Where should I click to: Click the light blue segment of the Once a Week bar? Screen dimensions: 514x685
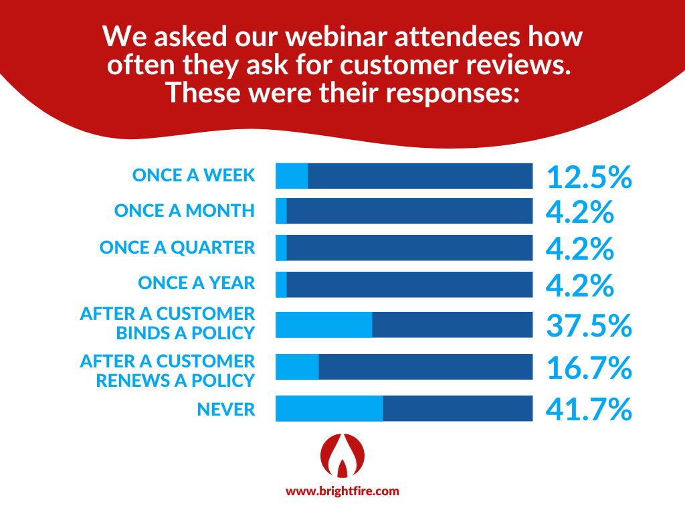click(292, 175)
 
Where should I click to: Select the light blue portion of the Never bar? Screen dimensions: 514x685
click(329, 408)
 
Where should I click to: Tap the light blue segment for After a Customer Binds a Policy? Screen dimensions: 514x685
click(324, 325)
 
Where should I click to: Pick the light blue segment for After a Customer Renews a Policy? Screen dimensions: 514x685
click(297, 367)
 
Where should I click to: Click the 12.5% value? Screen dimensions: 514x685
click(589, 177)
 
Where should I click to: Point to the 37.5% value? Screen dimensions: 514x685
click(589, 326)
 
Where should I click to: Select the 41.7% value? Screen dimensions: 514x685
click(589, 409)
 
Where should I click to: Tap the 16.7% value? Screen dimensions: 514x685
click(589, 367)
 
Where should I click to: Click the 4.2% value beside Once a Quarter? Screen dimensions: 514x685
click(580, 248)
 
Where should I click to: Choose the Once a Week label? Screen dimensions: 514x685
click(193, 175)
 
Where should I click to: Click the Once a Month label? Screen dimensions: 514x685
click(185, 211)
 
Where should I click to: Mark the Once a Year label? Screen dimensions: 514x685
click(197, 283)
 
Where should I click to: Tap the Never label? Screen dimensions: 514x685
click(226, 409)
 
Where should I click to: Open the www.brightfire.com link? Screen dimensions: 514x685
click(342, 491)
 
